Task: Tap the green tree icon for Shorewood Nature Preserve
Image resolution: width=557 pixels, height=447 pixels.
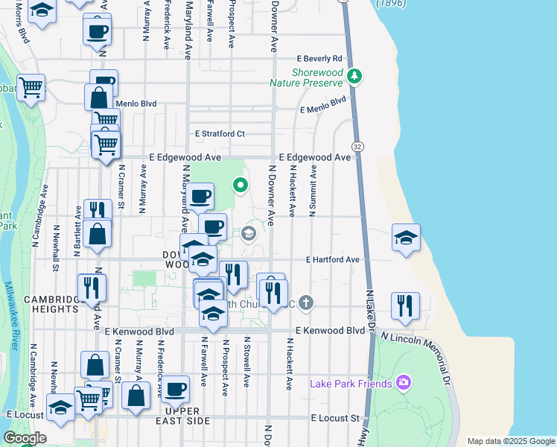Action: point(356,75)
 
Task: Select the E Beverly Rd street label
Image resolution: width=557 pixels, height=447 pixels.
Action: point(319,58)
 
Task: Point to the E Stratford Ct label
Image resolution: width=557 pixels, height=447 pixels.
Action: point(220,134)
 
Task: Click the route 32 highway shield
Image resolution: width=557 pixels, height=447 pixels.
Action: point(358,145)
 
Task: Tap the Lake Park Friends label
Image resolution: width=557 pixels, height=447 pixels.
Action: point(351,384)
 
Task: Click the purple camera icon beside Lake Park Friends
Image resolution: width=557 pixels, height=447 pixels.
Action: point(404,383)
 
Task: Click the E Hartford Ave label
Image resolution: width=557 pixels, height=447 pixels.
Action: point(333,259)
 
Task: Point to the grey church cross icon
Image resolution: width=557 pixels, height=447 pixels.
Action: point(305,302)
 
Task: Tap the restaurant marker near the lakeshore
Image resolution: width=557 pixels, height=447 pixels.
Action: point(405,305)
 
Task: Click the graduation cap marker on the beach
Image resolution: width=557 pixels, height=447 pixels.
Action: point(405,238)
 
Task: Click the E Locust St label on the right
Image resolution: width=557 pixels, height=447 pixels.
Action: point(335,418)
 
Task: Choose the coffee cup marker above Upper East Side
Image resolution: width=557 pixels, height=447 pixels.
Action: point(176,388)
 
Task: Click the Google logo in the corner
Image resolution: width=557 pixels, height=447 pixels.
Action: point(25,438)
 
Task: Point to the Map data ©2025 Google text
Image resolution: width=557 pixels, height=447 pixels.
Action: point(510,441)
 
